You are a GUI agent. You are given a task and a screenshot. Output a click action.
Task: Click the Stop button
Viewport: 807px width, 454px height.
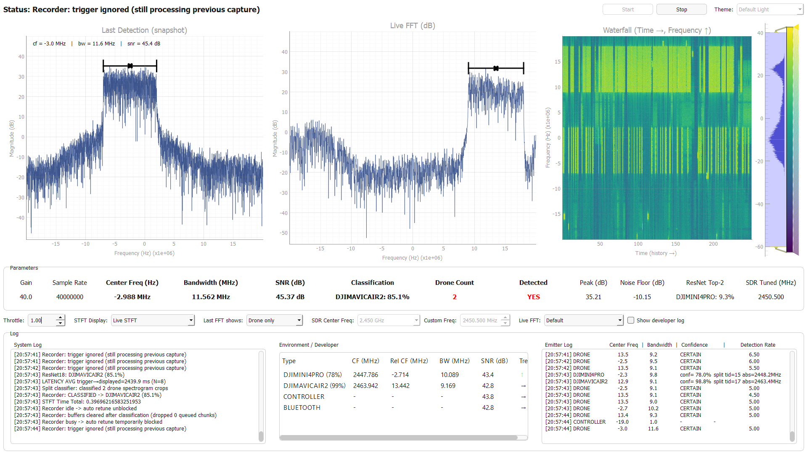(681, 9)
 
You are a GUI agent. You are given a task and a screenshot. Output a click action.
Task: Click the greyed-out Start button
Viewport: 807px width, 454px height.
(627, 9)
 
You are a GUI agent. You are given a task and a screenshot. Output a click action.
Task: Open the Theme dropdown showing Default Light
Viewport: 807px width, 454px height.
(770, 9)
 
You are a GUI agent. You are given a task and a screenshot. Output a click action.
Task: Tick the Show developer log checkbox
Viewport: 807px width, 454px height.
(631, 320)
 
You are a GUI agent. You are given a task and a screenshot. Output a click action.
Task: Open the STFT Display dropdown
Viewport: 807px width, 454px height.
(153, 320)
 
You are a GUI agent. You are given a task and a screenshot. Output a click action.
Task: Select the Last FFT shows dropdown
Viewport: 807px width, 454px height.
(275, 320)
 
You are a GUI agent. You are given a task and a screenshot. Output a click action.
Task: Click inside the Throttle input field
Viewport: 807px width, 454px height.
(42, 320)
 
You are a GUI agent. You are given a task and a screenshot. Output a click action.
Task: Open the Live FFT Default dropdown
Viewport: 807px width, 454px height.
(584, 320)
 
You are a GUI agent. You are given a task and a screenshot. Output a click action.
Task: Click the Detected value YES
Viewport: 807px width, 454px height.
(533, 297)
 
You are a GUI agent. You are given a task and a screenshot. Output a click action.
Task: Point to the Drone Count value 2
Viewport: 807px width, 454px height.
(455, 297)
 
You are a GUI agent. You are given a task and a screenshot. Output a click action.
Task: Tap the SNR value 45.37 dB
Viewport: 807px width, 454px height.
(290, 297)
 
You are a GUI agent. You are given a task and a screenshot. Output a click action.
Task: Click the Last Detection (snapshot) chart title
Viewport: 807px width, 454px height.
(144, 30)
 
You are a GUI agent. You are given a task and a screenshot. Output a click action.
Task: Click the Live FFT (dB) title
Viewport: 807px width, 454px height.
(413, 26)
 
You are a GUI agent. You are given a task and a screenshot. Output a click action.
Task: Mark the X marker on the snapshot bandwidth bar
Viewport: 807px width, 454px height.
(130, 66)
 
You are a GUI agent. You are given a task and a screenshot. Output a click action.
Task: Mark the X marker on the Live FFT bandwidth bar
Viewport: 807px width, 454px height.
(496, 68)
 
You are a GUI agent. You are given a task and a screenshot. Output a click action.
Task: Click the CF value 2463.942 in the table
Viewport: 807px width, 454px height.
(365, 385)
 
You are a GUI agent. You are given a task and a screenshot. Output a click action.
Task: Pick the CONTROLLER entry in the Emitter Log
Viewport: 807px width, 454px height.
(589, 422)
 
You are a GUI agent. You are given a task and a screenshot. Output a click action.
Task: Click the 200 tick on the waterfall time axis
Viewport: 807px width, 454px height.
(713, 244)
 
